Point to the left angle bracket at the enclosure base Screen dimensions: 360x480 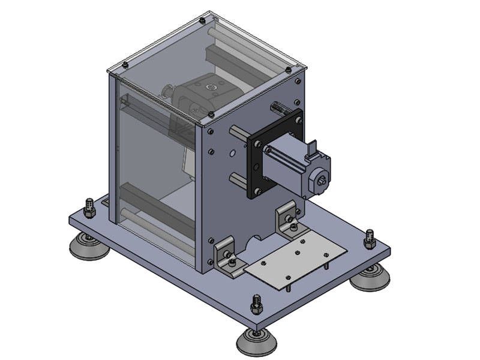coord(229,254)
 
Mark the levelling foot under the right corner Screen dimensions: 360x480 coord(370,278)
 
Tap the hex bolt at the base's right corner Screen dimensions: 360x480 coord(370,238)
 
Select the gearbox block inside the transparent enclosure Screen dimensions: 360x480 coord(204,96)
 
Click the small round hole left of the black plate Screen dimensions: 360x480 coord(232,153)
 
